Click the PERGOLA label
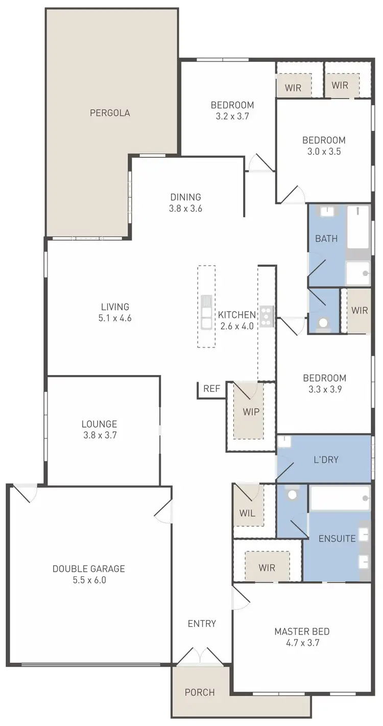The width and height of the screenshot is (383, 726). coord(110,113)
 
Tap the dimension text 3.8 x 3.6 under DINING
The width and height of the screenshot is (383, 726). coord(185,208)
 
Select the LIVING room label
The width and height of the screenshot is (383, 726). coord(115,307)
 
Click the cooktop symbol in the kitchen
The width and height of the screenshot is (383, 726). coord(267,316)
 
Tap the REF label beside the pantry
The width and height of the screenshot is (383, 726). coord(211,389)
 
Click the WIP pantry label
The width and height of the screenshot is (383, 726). coord(251,412)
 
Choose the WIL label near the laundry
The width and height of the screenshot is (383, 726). coord(247,512)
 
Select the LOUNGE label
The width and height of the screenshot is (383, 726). coord(99,424)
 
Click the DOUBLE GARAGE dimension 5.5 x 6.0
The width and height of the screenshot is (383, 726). coord(88,580)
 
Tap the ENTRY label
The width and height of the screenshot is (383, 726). coord(202,623)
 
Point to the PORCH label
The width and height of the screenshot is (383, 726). coord(200,692)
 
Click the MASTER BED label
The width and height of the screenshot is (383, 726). coord(302,631)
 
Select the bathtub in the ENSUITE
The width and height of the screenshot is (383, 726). coord(340,498)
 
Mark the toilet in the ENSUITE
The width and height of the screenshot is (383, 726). coord(292,495)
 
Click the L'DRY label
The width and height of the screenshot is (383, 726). coord(326,459)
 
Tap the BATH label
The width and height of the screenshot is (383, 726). coord(326,238)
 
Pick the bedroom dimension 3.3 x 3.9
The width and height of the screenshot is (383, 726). coord(324,389)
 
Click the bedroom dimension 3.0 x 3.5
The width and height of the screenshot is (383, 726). coord(324,151)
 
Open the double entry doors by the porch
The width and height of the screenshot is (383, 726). coord(200,656)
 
